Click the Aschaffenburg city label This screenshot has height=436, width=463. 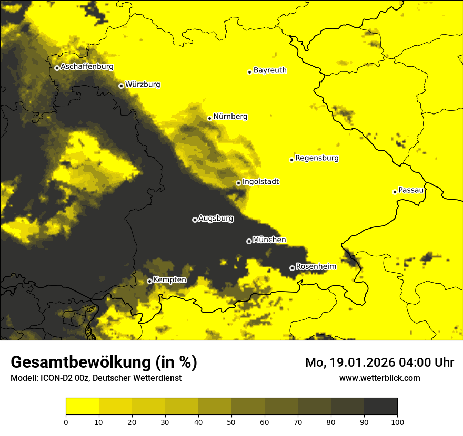click(x=87, y=67)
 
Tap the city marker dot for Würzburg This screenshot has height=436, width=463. click(x=121, y=86)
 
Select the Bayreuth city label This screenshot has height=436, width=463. click(x=270, y=70)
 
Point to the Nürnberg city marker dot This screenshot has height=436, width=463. click(x=209, y=118)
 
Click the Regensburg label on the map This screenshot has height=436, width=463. click(x=317, y=158)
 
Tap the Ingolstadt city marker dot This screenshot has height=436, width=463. click(x=238, y=183)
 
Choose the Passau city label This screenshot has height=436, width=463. click(x=411, y=190)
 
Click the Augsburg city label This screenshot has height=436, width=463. click(x=216, y=218)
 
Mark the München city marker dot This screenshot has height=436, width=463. click(x=249, y=241)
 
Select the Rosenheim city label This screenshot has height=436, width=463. click(x=316, y=266)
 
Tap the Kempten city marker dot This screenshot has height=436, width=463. click(x=149, y=281)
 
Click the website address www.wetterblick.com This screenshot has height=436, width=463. click(x=379, y=378)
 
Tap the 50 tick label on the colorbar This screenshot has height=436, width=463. click(x=231, y=421)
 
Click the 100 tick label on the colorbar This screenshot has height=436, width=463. click(x=397, y=421)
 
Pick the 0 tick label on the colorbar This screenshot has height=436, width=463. click(x=66, y=421)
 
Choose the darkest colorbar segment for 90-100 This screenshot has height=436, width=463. click(x=380, y=407)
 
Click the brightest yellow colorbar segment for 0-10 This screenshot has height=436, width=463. click(x=82, y=407)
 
